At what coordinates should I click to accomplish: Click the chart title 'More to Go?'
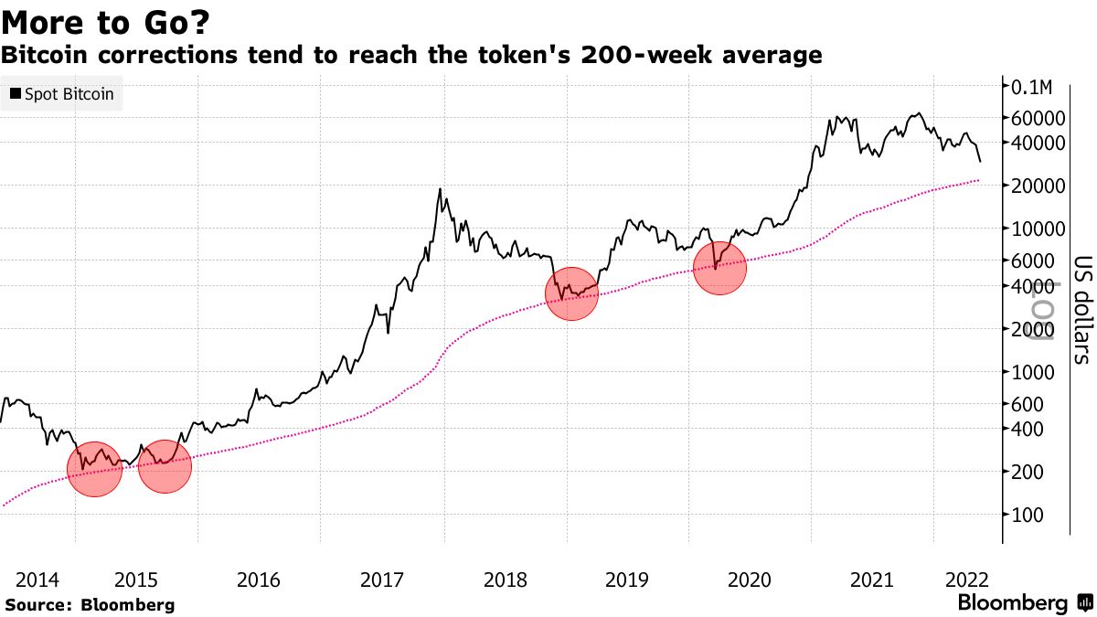point(99,20)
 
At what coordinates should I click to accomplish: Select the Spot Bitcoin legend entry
point(61,94)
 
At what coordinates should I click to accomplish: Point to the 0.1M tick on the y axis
point(1033,87)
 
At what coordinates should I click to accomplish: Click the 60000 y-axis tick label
point(1038,118)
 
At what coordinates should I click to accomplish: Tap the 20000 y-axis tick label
point(1038,186)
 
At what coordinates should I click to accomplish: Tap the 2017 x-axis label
point(382,580)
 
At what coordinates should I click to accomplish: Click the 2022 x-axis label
point(965,580)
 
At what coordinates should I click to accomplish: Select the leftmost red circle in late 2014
point(94,468)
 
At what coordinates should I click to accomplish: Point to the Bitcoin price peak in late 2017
point(441,189)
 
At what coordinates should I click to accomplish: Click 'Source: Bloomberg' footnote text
point(90,604)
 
